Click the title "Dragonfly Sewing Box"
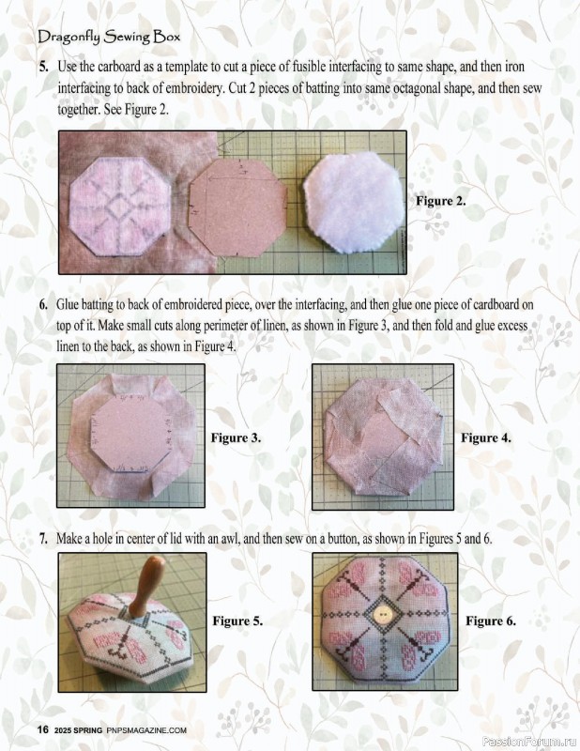tap(109, 37)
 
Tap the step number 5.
tap(43, 67)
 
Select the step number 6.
tap(43, 304)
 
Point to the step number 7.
tap(43, 539)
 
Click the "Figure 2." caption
tap(440, 201)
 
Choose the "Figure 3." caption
tap(237, 437)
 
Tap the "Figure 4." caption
tap(485, 437)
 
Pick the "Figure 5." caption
tap(238, 621)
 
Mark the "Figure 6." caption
tap(491, 621)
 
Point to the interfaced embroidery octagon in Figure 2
tap(120, 207)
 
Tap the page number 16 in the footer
tap(43, 729)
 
